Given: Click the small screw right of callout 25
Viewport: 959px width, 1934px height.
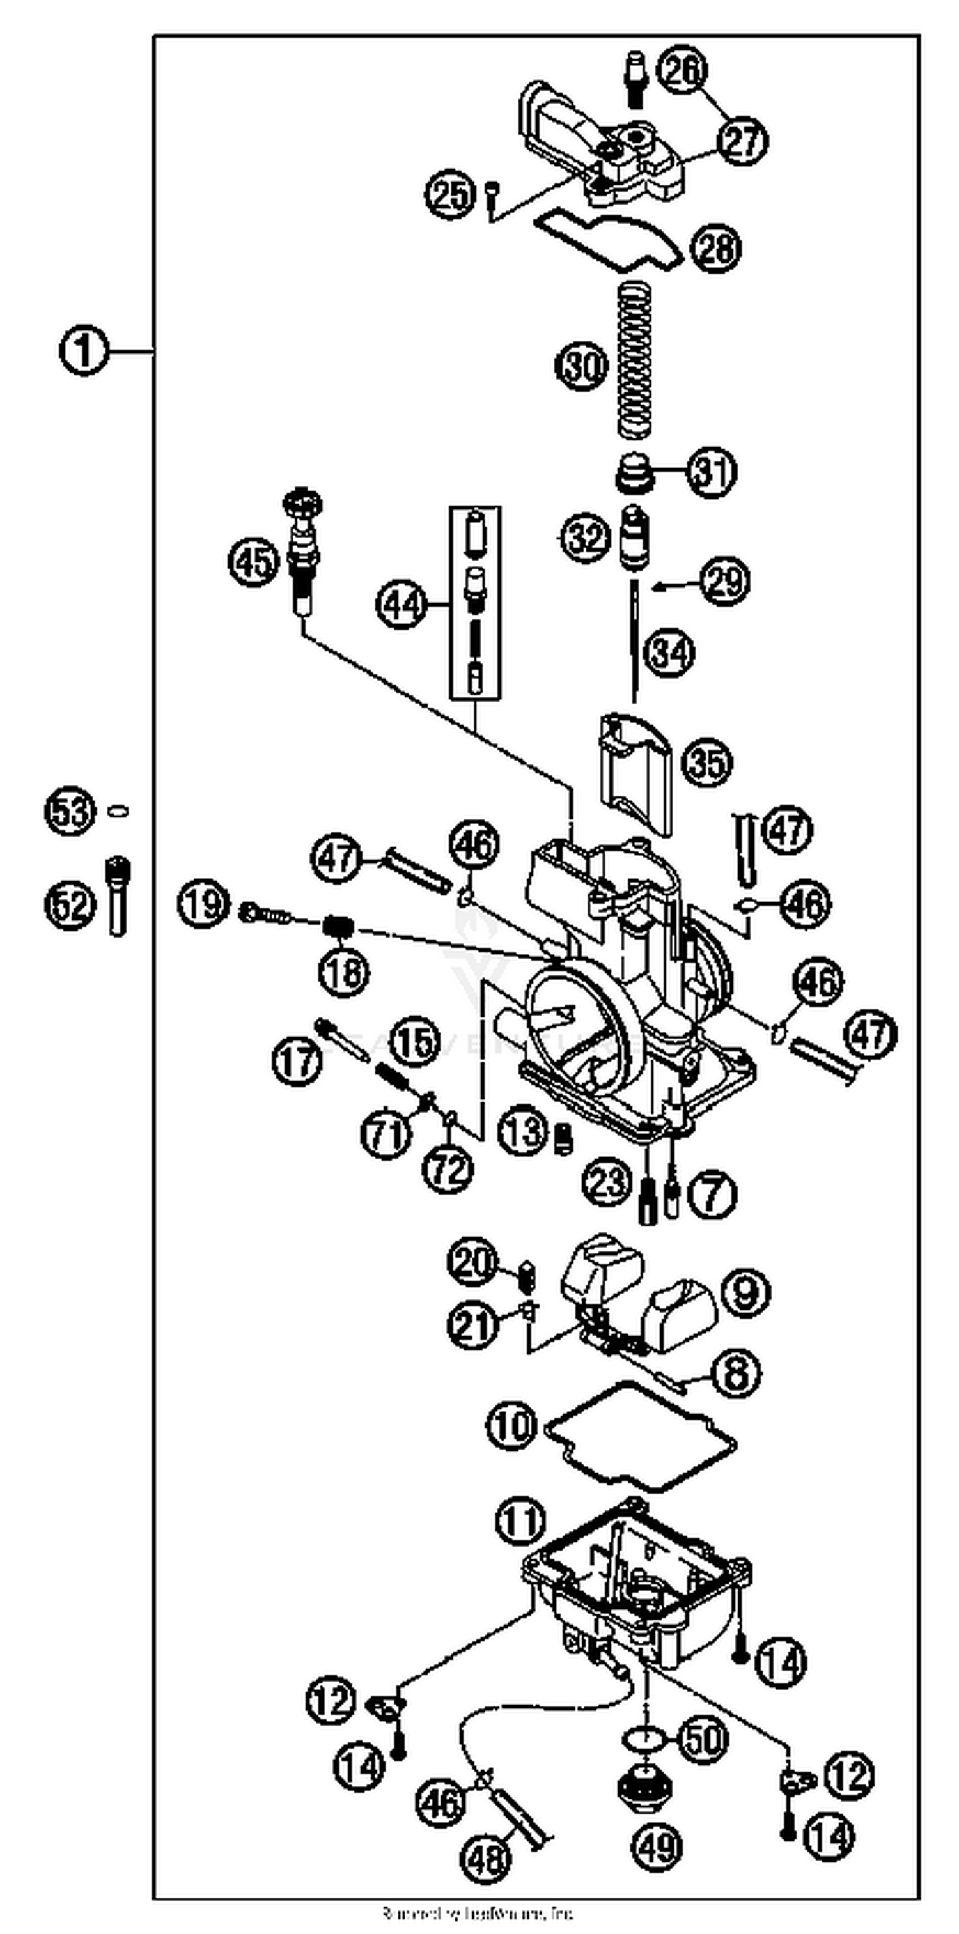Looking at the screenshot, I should tap(492, 193).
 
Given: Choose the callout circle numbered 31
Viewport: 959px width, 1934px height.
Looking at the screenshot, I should tap(710, 472).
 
